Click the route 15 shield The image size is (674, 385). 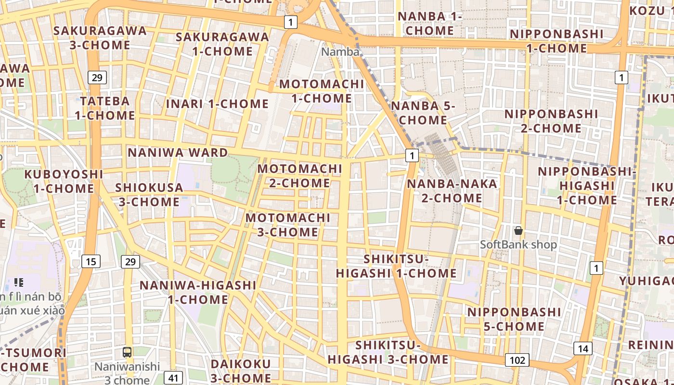coord(91,262)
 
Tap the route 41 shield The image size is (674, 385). coord(173,378)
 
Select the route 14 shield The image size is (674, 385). coord(583,349)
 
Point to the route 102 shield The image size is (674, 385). coord(517,360)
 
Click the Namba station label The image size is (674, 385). coord(340,52)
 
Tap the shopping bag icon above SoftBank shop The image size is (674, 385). coord(518,231)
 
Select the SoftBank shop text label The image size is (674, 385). coord(518,244)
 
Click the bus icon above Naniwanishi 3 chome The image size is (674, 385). coord(127,352)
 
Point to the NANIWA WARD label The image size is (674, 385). coord(178,153)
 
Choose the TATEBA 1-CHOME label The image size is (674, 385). coord(104,108)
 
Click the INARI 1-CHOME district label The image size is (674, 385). coord(217,104)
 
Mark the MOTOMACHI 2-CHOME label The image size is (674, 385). coord(299,176)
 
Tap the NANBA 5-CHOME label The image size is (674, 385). coord(423,113)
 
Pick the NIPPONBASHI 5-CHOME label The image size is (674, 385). coord(514,319)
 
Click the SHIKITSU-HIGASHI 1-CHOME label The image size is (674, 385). coord(396,266)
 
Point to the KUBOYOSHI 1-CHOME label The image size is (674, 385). coord(64,181)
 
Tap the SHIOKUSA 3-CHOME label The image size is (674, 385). coord(149,194)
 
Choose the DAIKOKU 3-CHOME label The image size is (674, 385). coord(241,371)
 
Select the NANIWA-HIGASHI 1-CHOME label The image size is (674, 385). coord(198,292)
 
